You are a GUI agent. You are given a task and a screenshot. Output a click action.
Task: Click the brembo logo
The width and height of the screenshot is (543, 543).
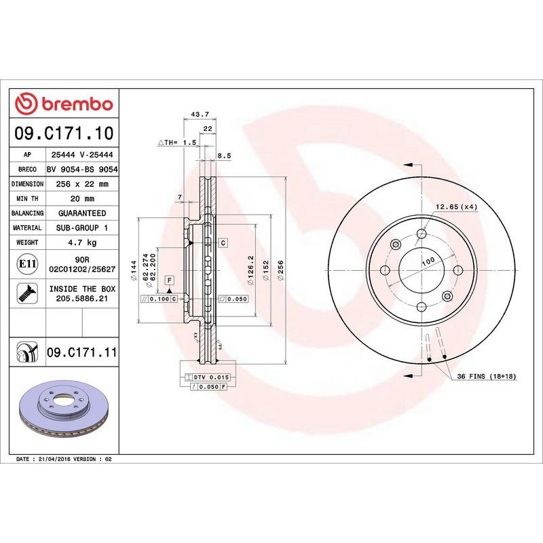tap(64, 104)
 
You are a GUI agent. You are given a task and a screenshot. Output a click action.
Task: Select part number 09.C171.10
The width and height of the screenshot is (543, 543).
tap(64, 132)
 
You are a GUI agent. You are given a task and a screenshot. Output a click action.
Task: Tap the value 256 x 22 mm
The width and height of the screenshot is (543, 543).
tap(79, 184)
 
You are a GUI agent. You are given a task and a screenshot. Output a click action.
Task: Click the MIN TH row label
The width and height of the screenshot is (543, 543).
tap(28, 199)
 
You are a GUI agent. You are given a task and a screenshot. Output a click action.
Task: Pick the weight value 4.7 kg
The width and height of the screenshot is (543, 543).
tap(79, 242)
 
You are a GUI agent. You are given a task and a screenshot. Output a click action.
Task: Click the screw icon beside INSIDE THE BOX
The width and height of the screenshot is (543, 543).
tap(27, 293)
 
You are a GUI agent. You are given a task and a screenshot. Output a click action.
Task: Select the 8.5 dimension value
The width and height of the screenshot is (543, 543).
tap(224, 155)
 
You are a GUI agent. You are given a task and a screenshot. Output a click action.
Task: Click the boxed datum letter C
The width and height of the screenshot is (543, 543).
tap(223, 242)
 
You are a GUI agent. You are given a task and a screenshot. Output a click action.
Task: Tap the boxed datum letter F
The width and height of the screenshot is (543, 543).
tap(168, 280)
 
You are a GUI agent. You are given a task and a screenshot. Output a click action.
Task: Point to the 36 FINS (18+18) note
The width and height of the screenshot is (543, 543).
tap(487, 376)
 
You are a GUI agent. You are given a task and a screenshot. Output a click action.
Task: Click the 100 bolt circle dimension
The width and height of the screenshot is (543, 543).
tap(428, 261)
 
